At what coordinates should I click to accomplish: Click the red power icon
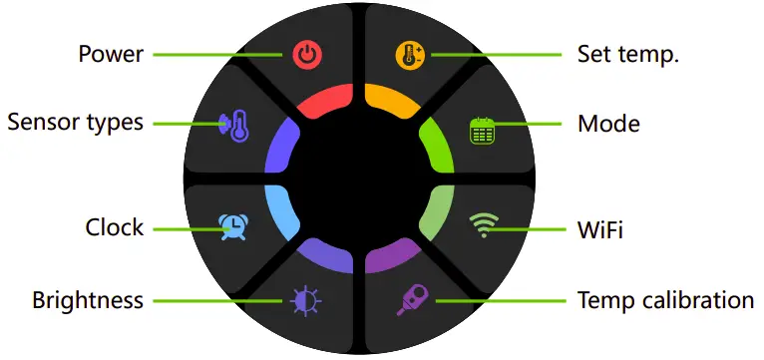click(x=307, y=54)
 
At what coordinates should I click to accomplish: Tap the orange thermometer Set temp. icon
click(x=409, y=54)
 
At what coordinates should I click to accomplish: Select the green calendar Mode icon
click(x=483, y=130)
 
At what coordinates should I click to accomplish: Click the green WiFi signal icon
click(x=483, y=226)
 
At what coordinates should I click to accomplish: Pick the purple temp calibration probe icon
click(x=411, y=300)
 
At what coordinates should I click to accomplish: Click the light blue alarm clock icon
click(x=233, y=226)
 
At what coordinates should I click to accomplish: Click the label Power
click(x=111, y=54)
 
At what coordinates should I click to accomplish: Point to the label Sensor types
click(x=75, y=123)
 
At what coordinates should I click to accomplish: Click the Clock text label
click(x=115, y=228)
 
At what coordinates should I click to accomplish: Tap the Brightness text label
click(x=88, y=300)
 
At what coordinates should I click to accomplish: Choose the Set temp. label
click(x=628, y=54)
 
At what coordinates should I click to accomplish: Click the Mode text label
click(x=608, y=125)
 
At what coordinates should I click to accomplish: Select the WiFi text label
click(x=600, y=230)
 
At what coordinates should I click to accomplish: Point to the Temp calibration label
click(x=665, y=300)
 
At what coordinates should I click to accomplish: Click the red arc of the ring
click(x=323, y=100)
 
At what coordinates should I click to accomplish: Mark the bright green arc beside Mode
click(x=438, y=146)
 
